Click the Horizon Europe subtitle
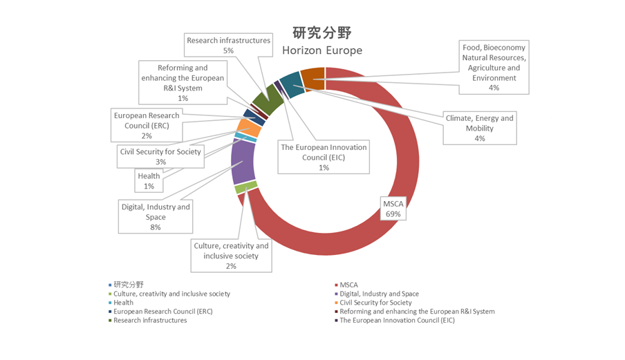[x=322, y=50]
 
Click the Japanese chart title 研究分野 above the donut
[x=322, y=32]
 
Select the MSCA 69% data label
[x=393, y=209]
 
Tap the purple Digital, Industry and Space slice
[x=243, y=161]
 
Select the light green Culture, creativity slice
[x=246, y=187]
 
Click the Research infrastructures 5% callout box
[x=228, y=45]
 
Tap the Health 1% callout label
[x=149, y=181]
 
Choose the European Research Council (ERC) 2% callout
[x=147, y=126]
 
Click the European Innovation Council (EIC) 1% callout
[x=324, y=157]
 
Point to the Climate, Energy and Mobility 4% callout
[x=480, y=128]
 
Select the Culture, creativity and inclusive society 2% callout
[x=231, y=256]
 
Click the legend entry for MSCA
[x=346, y=285]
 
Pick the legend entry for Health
[x=121, y=303]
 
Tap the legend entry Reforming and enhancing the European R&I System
[x=415, y=312]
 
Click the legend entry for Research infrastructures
[x=147, y=320]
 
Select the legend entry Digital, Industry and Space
[x=377, y=294]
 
